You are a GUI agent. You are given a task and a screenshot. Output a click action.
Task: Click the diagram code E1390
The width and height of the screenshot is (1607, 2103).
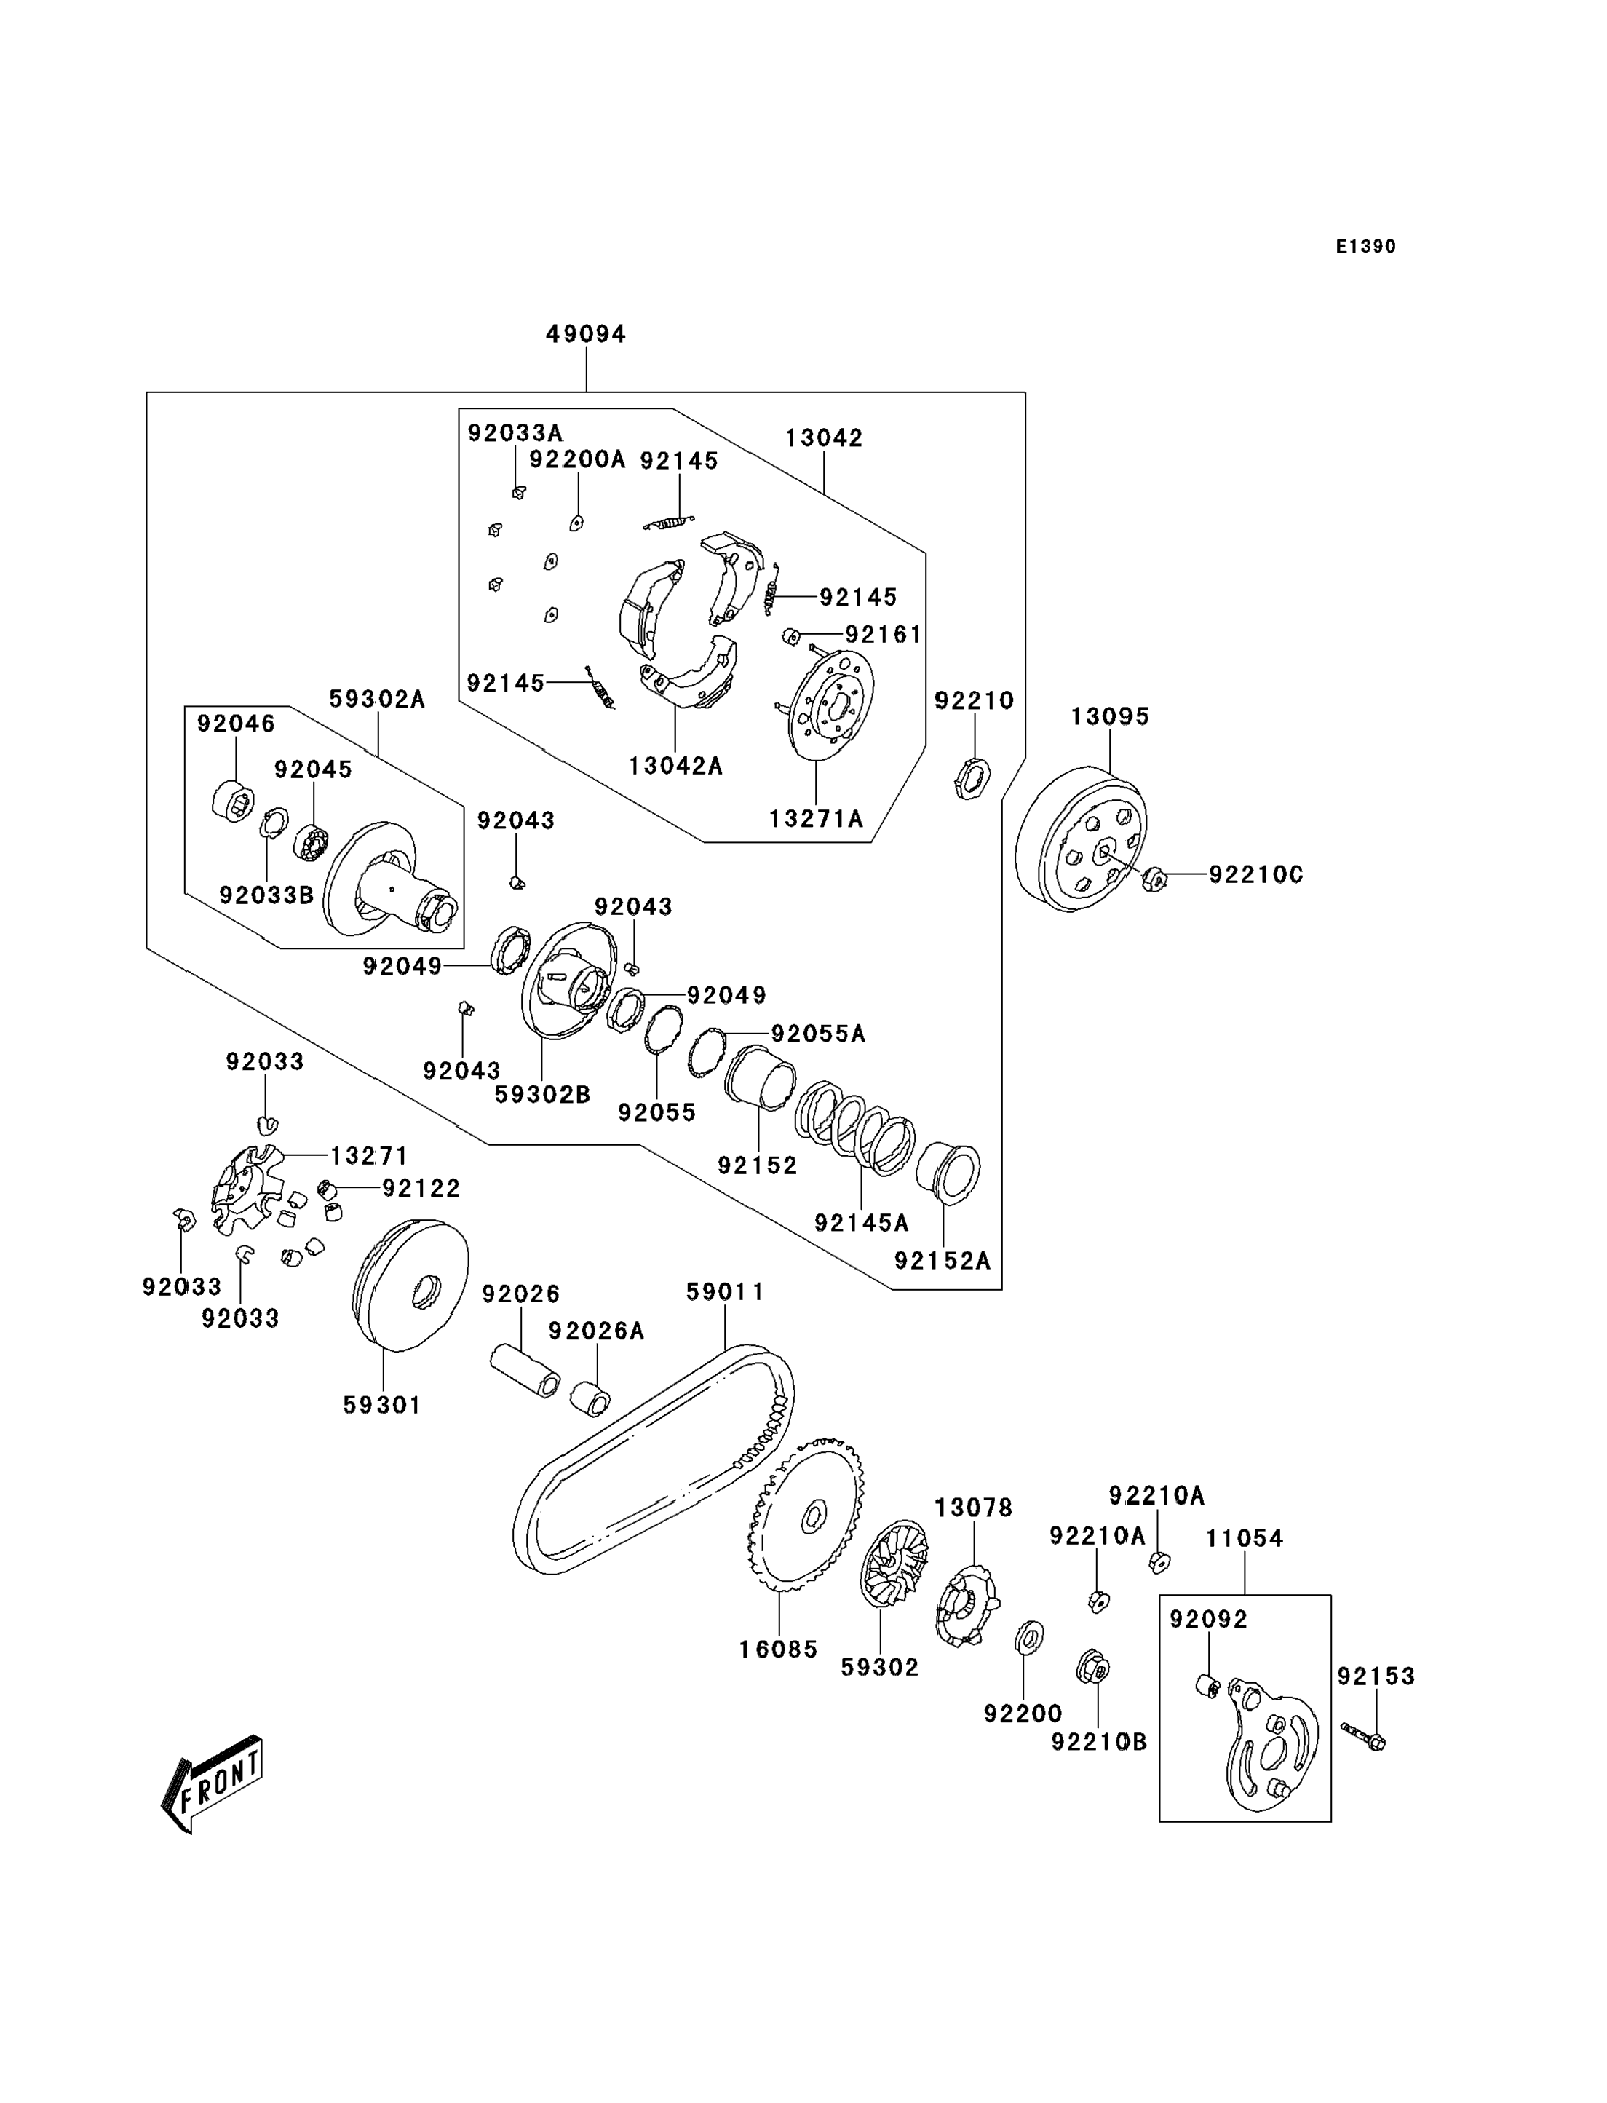coord(1366,247)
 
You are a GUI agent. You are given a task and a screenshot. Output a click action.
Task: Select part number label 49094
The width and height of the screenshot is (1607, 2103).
coord(587,334)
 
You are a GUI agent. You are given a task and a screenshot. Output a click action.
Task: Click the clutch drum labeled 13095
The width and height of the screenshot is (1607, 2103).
coord(1081,838)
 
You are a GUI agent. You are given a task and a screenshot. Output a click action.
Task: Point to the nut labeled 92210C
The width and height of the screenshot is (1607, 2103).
coord(1154,879)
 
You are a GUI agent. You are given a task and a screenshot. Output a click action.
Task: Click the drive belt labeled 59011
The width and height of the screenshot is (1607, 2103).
coord(654,1459)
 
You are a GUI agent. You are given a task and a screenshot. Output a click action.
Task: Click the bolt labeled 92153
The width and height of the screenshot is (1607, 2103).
coord(1363,1737)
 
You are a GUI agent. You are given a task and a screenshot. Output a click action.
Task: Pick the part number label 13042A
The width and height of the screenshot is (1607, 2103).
coord(675,766)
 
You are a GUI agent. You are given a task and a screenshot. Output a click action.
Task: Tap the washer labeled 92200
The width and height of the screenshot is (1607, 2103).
coord(1028,1638)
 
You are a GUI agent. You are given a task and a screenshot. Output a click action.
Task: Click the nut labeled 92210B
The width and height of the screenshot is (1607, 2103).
coord(1093,1668)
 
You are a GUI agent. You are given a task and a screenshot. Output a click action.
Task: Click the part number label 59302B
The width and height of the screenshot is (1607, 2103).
coord(542,1095)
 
